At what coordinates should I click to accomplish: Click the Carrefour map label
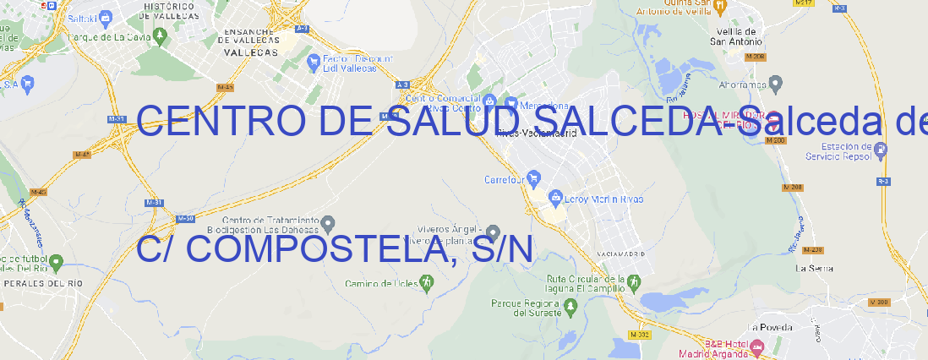click(x=505, y=179)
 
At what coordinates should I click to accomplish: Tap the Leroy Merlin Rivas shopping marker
click(x=555, y=198)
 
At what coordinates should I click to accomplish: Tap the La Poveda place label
click(x=770, y=326)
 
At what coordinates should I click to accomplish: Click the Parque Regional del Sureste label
click(x=526, y=308)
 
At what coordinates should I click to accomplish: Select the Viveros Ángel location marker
click(x=493, y=232)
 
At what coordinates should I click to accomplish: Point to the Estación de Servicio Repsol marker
click(x=882, y=150)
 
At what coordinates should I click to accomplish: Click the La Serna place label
click(x=815, y=268)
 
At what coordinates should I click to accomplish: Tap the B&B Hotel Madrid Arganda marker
click(x=757, y=346)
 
